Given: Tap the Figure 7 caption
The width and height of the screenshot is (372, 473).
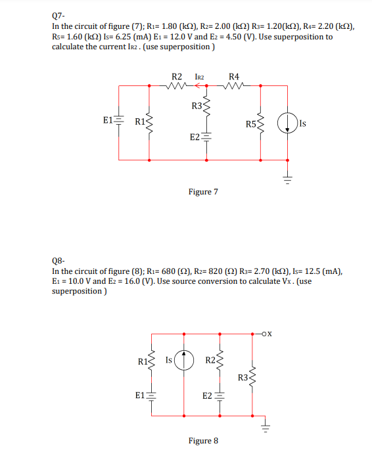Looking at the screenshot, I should [203, 192].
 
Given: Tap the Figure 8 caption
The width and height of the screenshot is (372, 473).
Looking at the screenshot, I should [202, 440].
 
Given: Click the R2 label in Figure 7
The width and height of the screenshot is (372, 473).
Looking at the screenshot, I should [176, 77].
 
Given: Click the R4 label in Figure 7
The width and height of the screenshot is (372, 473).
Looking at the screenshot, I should [234, 77].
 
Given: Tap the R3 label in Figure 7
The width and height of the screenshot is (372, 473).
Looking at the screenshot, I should [197, 106].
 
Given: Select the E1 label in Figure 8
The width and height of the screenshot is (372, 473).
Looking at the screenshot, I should [140, 395].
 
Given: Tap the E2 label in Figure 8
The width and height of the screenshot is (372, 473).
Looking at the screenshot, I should [207, 395].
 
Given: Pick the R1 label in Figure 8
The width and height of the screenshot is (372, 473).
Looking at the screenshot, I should [143, 360].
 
